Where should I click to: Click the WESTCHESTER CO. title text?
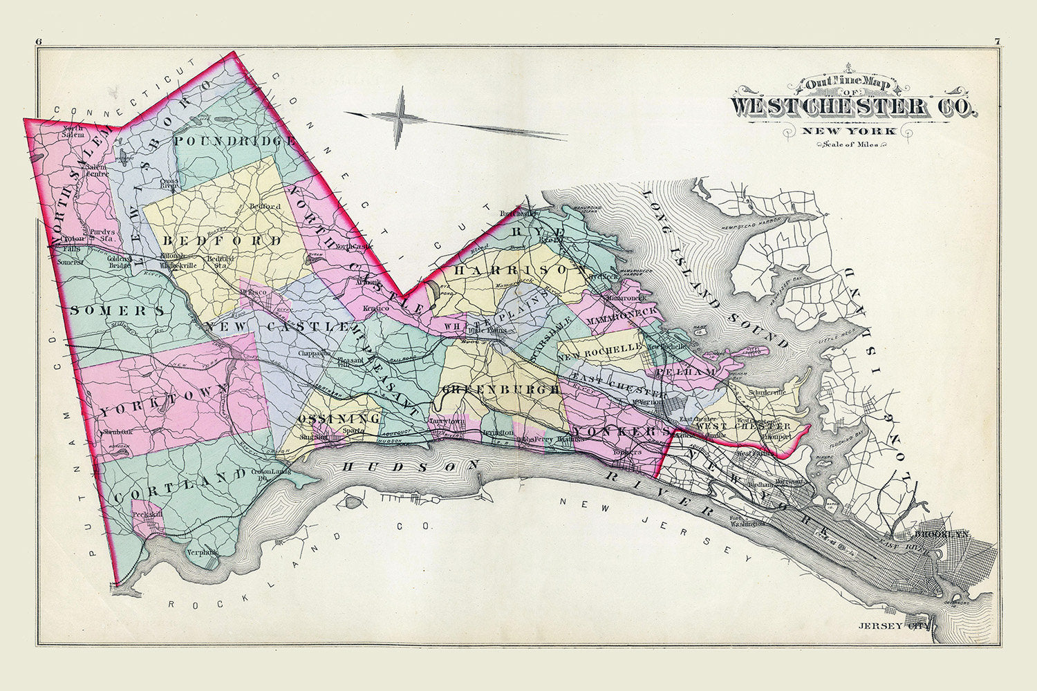point(854,107)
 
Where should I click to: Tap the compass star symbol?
point(399,117)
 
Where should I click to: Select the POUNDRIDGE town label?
point(235,141)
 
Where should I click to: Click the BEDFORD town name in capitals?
point(223,241)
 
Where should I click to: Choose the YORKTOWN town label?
point(163,401)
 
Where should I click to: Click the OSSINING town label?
point(339,419)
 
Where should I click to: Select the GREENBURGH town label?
point(501,390)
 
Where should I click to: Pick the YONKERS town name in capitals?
point(619,431)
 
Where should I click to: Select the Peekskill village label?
point(147,515)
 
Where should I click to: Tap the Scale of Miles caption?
point(854,144)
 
